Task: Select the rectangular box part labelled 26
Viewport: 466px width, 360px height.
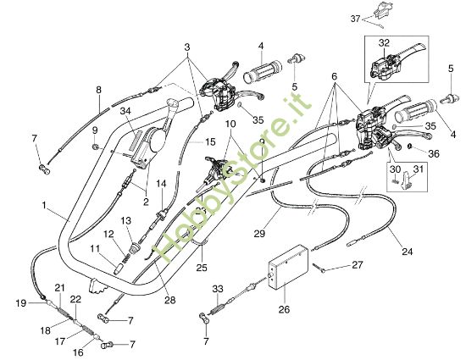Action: click(x=287, y=268)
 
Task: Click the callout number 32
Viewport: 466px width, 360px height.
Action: click(x=383, y=42)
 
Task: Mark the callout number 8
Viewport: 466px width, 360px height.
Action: click(x=98, y=89)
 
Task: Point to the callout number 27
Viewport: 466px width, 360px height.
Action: click(x=358, y=265)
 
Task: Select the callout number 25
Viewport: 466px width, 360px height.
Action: click(x=201, y=268)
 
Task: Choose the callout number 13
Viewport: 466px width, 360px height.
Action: click(x=125, y=220)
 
